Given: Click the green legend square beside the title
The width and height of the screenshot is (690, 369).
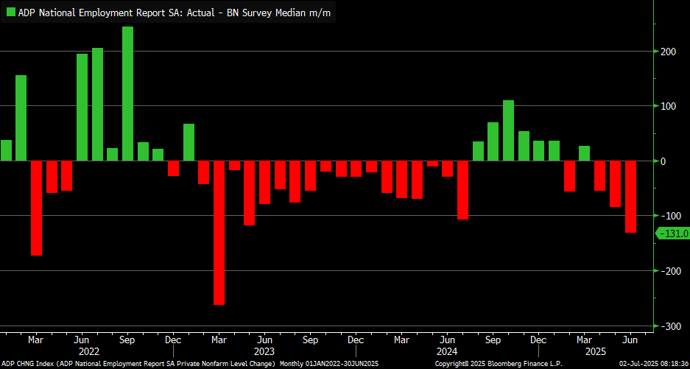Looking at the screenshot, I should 10,13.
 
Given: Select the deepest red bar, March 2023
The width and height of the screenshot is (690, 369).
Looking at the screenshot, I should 219,233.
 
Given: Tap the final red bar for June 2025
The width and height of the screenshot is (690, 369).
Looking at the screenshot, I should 630,197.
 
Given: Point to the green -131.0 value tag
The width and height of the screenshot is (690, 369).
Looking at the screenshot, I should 672,233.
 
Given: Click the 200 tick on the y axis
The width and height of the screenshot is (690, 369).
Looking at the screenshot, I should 669,52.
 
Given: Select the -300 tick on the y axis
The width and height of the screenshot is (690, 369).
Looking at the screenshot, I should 669,326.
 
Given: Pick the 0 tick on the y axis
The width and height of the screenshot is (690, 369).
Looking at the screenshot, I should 663,161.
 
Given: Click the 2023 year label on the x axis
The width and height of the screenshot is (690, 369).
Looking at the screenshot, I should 264,351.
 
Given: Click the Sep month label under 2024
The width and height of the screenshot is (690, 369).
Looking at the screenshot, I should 493,340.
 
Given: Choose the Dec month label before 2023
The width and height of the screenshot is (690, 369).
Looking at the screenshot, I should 173,340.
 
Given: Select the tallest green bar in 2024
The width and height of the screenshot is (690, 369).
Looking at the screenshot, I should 508,130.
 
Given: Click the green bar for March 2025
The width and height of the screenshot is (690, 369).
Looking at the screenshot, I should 584,153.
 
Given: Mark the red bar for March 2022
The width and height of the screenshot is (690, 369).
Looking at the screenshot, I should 36,208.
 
